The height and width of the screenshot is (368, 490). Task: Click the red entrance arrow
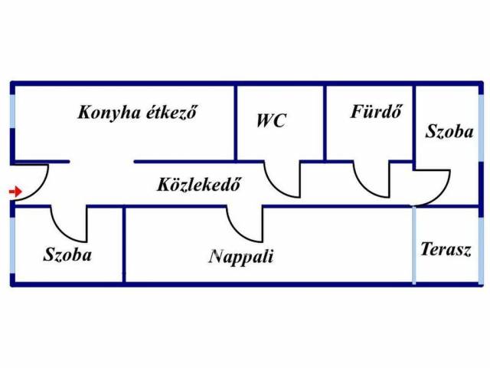(14, 192)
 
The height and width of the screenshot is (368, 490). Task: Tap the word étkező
(171, 112)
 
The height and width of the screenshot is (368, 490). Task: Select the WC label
(271, 120)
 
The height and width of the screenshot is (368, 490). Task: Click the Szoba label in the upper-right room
(449, 131)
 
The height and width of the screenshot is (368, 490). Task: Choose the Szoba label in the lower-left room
(67, 255)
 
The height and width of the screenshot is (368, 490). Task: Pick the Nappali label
(241, 256)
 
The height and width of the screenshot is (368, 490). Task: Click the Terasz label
(445, 250)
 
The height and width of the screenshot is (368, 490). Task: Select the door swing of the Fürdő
(372, 181)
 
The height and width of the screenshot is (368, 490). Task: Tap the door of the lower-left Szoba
(70, 225)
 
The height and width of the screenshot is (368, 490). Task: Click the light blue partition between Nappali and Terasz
(414, 245)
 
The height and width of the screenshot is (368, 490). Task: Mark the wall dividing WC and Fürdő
(326, 123)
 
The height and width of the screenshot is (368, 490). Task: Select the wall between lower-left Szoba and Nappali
(124, 245)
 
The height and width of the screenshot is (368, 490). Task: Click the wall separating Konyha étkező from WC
(235, 123)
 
